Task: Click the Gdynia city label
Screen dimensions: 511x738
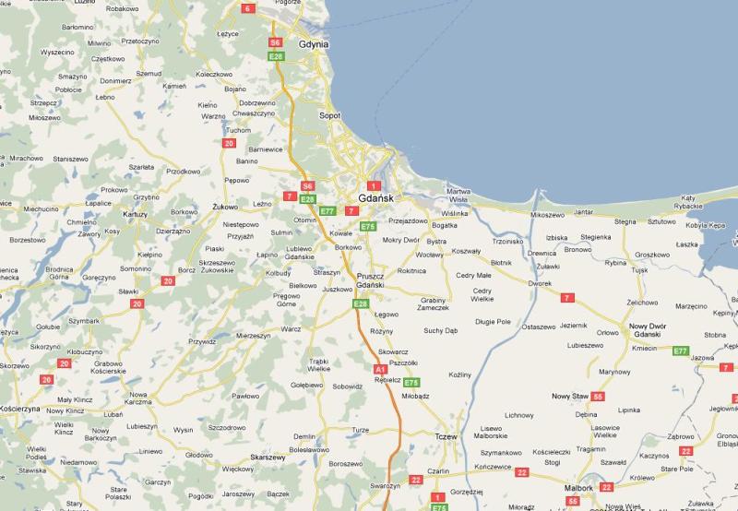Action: coord(314,43)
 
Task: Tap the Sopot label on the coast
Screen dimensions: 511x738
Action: coord(329,115)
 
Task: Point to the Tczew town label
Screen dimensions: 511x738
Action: coord(446,436)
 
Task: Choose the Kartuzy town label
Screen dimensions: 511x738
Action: coord(135,213)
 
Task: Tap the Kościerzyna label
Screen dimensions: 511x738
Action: coord(19,408)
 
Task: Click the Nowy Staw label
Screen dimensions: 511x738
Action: coord(570,396)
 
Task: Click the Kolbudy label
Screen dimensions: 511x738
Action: coord(278,273)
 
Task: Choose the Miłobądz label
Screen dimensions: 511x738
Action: coord(416,396)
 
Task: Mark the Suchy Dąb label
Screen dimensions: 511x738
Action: coord(440,330)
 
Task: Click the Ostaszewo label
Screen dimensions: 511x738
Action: coord(539,327)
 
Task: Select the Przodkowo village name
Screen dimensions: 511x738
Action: coord(183,172)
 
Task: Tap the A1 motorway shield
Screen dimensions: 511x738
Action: coord(379,369)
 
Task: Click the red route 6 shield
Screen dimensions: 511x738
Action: coord(247,8)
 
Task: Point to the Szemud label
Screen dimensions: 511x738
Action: coord(149,73)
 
